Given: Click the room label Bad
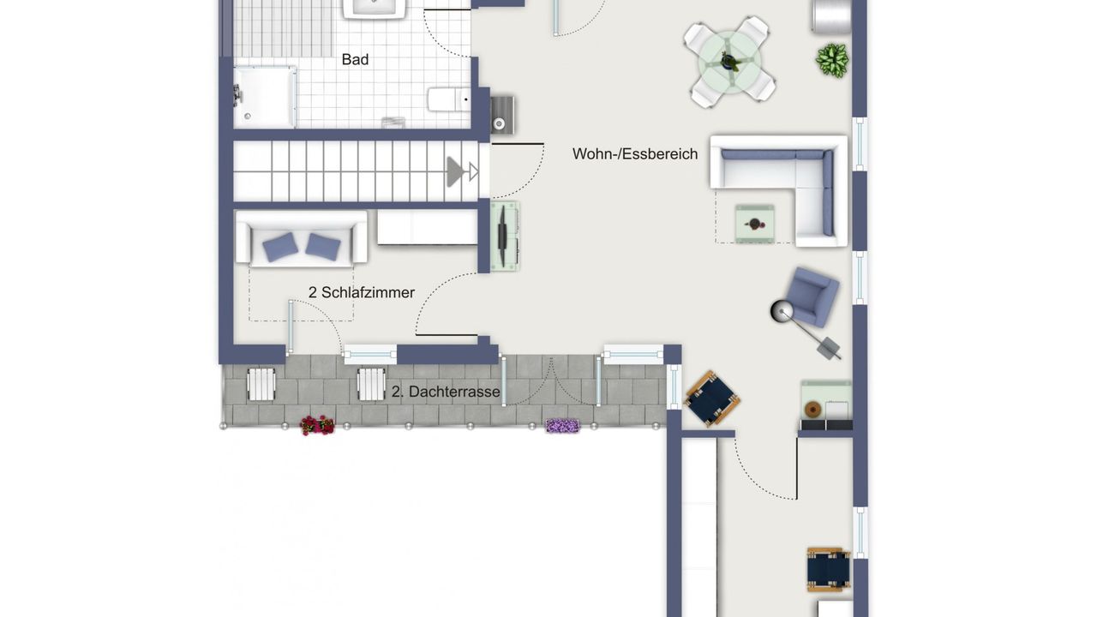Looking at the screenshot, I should [355, 60].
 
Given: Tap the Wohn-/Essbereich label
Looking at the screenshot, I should [635, 154].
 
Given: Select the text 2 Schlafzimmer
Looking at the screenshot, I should [362, 293].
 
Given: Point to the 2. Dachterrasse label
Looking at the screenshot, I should [446, 392].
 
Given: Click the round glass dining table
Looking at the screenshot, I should [729, 63].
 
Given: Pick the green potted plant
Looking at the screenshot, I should [831, 61].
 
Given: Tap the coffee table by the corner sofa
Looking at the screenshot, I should [754, 224].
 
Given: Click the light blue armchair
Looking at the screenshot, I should [812, 297].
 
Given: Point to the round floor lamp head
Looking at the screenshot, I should [782, 312].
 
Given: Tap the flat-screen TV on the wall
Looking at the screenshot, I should [502, 236].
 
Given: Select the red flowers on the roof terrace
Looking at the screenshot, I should [317, 425].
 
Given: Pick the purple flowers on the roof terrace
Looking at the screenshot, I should [562, 425].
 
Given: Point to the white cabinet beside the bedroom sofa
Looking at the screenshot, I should [427, 227].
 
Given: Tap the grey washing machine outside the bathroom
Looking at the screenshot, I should [501, 115].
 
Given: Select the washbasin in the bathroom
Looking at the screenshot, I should [375, 8].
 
